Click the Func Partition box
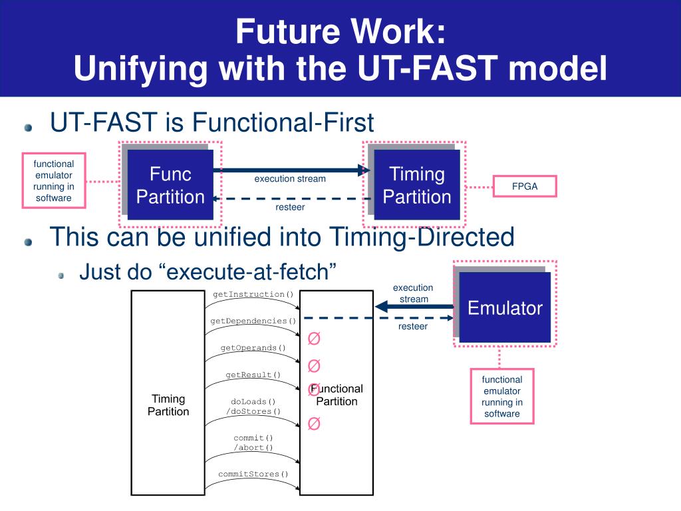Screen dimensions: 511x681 [x=170, y=186]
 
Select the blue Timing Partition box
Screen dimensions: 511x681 [x=417, y=186]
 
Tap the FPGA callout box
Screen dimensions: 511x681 [x=524, y=187]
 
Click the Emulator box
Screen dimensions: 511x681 [x=505, y=308]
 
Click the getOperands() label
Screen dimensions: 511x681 [x=253, y=347]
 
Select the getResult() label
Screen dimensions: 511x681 [x=253, y=375]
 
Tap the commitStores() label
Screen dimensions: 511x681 [x=253, y=474]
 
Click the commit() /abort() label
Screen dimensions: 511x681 [x=253, y=442]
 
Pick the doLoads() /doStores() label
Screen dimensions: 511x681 [x=253, y=407]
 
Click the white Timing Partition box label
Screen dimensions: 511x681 [x=168, y=405]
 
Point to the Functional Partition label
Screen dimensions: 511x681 [x=337, y=395]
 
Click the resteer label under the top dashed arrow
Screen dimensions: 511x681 [x=290, y=208]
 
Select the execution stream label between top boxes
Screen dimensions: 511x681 [x=290, y=178]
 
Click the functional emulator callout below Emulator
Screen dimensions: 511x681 [x=502, y=397]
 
